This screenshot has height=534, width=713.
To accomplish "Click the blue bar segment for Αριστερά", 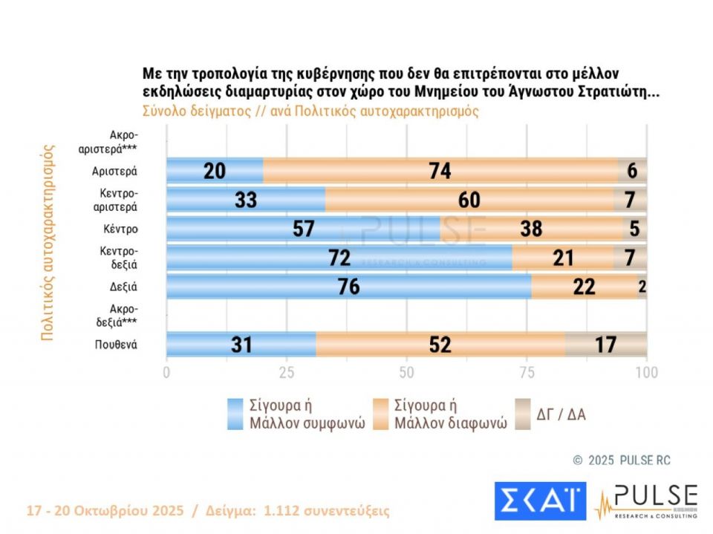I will (x=215, y=171).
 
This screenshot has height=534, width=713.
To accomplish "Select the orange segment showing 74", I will (x=440, y=171).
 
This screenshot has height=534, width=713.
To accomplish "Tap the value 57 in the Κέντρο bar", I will (x=305, y=229).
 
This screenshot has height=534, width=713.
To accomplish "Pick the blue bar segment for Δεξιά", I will (x=348, y=287).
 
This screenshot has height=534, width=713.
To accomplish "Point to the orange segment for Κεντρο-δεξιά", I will (x=563, y=258).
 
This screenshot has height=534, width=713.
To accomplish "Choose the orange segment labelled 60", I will (x=469, y=200).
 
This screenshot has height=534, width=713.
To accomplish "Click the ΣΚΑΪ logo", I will (x=540, y=501).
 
